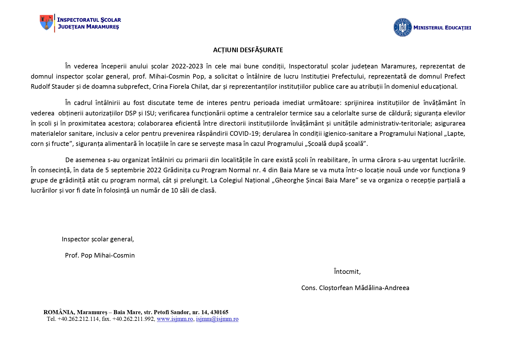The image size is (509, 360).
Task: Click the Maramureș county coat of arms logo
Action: (x=46, y=22)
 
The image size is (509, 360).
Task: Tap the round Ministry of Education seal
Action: (x=402, y=28)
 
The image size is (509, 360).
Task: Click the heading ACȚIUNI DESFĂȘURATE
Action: (x=248, y=50)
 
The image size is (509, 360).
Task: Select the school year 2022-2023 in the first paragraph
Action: (x=187, y=66)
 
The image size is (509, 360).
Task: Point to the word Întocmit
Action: (x=347, y=272)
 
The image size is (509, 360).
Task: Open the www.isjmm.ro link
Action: (x=175, y=319)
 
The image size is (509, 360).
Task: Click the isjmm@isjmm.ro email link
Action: (x=217, y=319)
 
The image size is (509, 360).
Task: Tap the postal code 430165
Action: (x=219, y=312)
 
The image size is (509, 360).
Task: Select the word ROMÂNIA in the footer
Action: (x=59, y=312)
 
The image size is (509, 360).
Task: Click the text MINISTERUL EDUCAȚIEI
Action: (x=442, y=28)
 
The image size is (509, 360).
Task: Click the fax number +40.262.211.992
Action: (x=133, y=319)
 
